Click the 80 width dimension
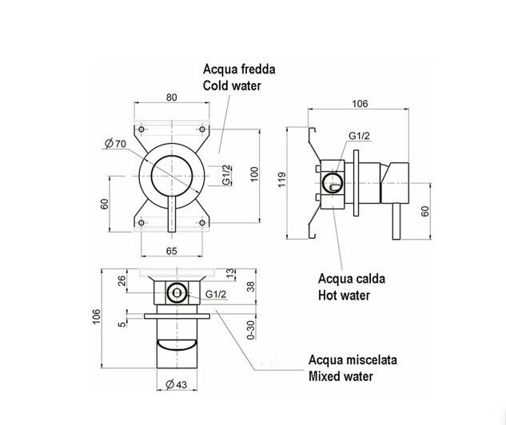click(x=172, y=98)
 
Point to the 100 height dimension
click(x=255, y=174)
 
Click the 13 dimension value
click(x=230, y=272)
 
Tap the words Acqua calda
click(x=352, y=279)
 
